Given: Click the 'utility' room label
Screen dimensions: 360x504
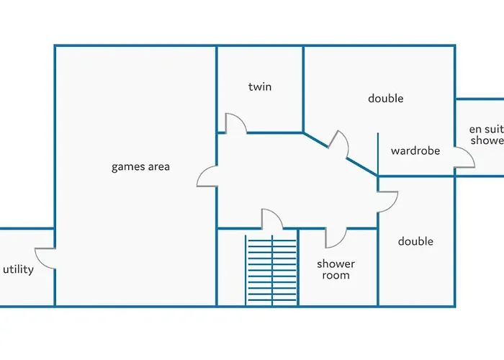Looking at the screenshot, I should (x=18, y=269).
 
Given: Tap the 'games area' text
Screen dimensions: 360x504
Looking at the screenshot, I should (x=140, y=167).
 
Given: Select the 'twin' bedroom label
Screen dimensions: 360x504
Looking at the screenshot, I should (x=260, y=86).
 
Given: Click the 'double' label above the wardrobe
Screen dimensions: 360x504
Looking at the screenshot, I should (x=385, y=99).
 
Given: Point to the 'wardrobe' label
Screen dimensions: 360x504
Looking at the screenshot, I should (x=415, y=151).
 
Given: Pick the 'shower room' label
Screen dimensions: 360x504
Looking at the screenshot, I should (x=336, y=269).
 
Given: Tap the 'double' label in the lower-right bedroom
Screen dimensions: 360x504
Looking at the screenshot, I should (x=415, y=241).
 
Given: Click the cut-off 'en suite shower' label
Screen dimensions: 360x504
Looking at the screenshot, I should (x=486, y=135).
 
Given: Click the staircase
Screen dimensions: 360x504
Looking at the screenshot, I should (x=271, y=270).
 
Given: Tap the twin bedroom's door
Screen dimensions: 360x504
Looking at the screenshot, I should (x=235, y=123).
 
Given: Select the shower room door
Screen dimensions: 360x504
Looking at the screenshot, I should (x=336, y=238).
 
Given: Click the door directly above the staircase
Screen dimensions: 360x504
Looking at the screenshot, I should (x=271, y=220).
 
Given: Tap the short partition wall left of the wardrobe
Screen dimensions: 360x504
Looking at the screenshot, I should (x=378, y=153).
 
